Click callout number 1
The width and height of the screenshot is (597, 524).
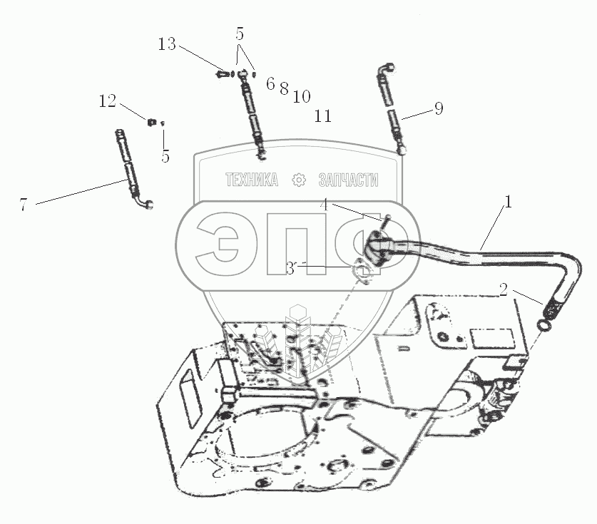pos(507,202)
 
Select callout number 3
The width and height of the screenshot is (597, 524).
pos(290,269)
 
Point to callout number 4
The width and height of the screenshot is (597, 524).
pos(324,205)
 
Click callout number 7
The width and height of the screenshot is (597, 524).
pos(24,205)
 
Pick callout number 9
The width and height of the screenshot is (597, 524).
pos(438,108)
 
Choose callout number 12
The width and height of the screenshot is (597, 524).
pos(107,101)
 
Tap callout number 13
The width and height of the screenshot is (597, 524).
pos(166,45)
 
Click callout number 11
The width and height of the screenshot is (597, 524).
pos(323,115)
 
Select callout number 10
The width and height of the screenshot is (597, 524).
pos(301,96)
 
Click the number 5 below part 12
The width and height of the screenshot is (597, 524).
pos(165,157)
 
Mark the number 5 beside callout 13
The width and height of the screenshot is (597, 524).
pos(240,33)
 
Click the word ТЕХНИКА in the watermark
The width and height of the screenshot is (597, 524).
pos(252,181)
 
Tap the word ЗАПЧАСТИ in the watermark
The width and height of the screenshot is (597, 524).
pos(347,181)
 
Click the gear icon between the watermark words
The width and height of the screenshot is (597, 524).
pos(300,181)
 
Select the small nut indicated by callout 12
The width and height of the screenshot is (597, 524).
pos(151,123)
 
